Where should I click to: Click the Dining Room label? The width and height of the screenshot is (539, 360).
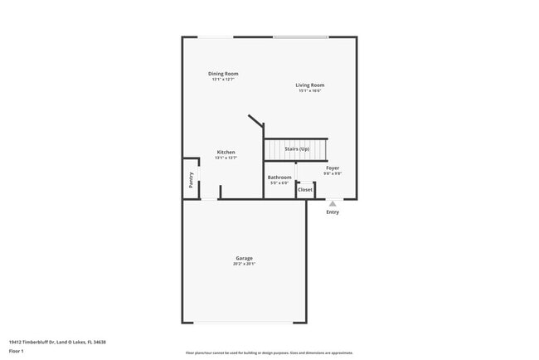tap(223, 74)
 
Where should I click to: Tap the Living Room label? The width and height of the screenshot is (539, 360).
tap(310, 85)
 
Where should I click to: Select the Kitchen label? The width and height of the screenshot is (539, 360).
tap(226, 152)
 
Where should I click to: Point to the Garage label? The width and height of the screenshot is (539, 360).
tap(244, 258)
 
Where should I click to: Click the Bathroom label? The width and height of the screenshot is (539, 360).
tap(279, 177)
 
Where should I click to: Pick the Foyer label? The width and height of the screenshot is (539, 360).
tap(333, 168)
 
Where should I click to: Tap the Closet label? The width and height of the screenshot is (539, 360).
tap(305, 189)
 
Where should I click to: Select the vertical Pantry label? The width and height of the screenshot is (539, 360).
tap(191, 179)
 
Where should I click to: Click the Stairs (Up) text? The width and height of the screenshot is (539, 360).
tap(297, 148)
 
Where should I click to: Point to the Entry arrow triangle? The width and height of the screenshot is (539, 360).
tap(333, 202)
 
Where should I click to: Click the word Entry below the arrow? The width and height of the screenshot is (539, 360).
tap(333, 212)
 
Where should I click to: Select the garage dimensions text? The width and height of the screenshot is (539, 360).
tap(244, 264)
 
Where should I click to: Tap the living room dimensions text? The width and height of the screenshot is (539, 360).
tap(310, 90)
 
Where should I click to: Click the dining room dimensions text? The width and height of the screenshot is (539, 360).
tap(223, 80)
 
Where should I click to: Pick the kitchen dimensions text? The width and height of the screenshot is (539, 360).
tap(226, 158)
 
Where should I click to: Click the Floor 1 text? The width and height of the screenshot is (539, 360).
tap(17, 351)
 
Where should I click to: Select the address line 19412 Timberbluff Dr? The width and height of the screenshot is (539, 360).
tap(57, 342)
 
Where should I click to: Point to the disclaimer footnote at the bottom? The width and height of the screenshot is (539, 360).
tap(269, 353)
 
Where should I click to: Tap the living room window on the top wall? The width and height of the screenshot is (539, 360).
tap(300, 36)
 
